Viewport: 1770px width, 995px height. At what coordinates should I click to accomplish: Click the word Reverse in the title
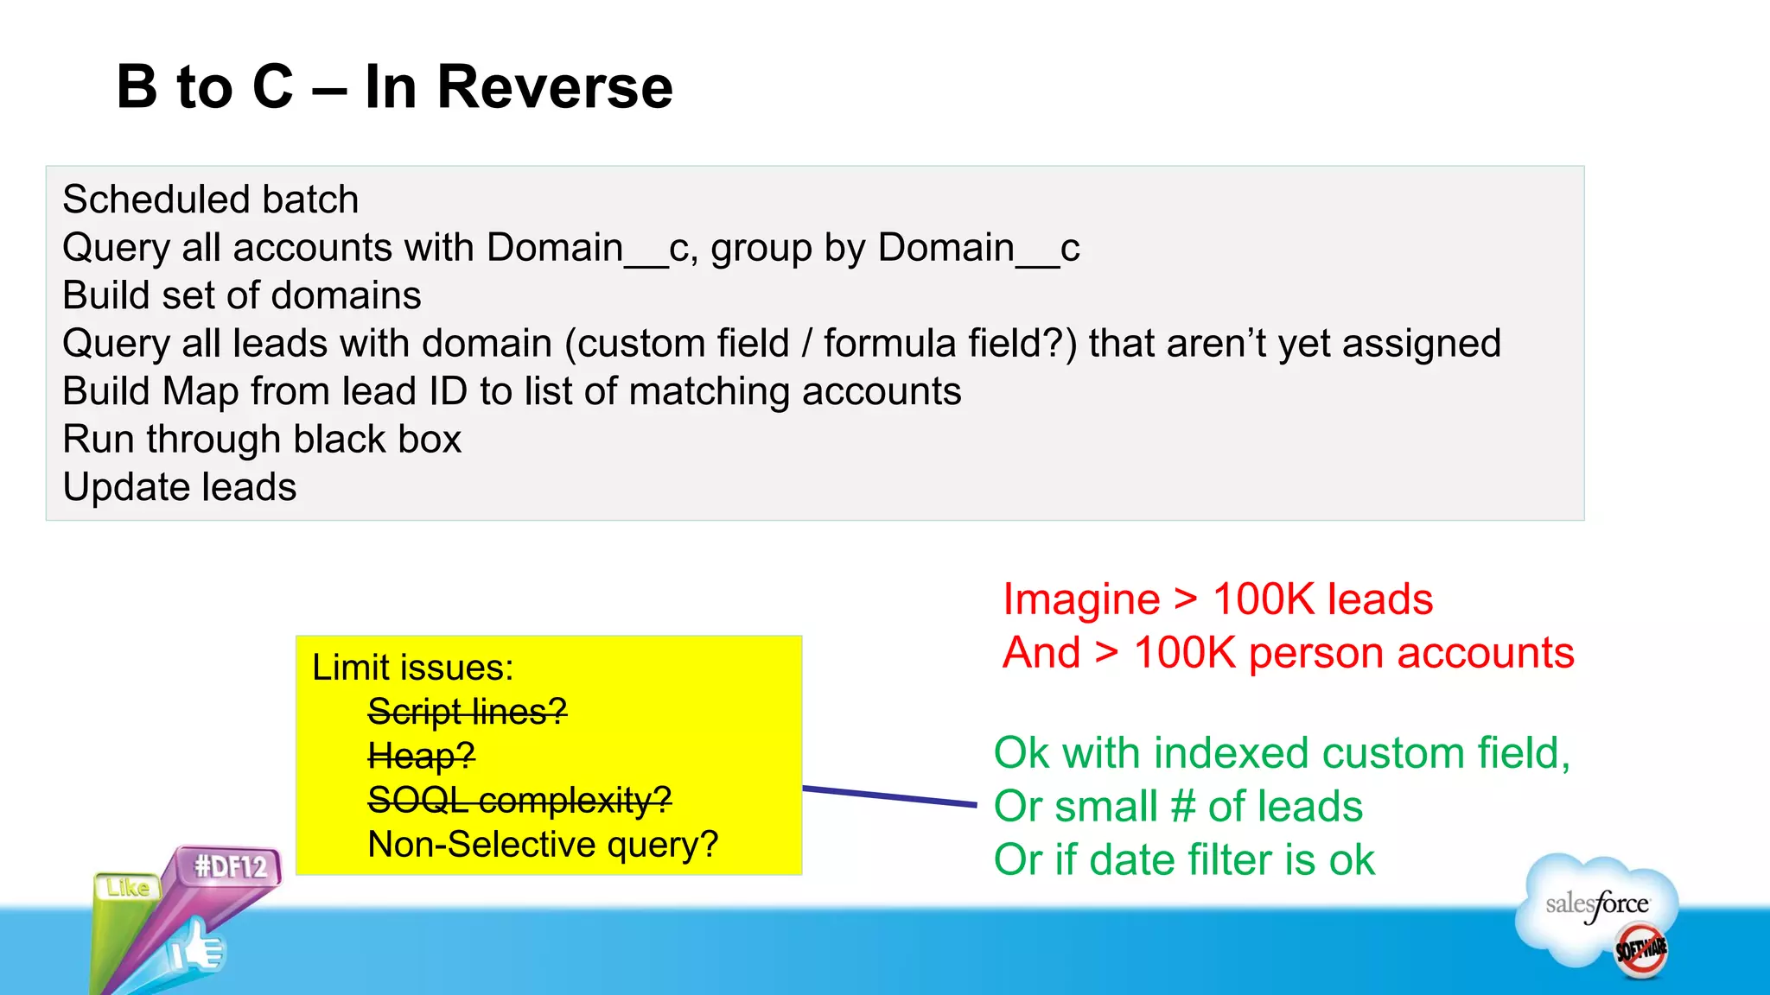click(554, 87)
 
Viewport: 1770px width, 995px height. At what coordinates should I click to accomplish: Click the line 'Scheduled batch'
click(210, 200)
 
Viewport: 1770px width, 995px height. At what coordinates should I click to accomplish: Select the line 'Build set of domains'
click(241, 295)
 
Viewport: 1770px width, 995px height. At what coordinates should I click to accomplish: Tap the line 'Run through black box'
click(262, 439)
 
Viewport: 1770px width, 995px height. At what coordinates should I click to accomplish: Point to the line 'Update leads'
click(179, 487)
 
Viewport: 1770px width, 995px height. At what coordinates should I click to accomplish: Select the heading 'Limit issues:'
click(412, 668)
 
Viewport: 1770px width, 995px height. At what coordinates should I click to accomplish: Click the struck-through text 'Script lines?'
click(467, 712)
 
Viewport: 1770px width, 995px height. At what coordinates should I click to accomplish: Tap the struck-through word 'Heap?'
click(421, 756)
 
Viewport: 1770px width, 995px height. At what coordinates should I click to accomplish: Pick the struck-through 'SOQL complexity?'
click(519, 800)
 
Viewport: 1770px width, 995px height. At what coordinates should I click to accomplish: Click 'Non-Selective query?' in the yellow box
click(543, 844)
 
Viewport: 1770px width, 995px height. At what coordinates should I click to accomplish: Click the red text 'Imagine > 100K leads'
click(1217, 599)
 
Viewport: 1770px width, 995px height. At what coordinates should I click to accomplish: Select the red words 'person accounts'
click(1410, 653)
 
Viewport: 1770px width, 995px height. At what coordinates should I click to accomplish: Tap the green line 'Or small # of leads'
click(1177, 807)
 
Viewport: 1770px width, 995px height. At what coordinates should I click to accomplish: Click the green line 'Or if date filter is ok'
click(1183, 860)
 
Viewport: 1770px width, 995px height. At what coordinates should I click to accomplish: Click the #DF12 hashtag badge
click(231, 865)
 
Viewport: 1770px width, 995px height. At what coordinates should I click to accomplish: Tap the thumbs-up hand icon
click(197, 948)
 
